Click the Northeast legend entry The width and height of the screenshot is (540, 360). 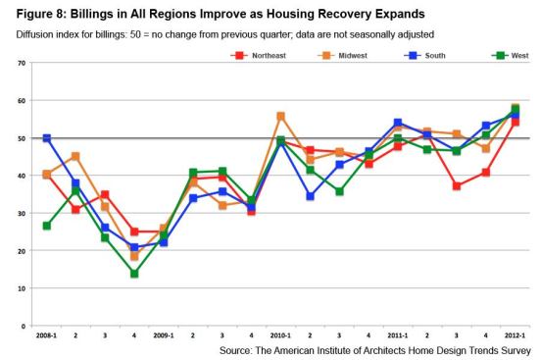259,56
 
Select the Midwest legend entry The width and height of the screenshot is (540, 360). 343,56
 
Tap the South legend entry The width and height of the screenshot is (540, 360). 425,56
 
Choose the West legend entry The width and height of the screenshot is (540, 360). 511,56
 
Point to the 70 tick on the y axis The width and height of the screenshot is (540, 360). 22,63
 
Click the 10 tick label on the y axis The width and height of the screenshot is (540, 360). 22,288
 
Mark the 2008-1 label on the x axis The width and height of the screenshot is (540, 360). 46,335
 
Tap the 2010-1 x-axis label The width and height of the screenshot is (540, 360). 280,335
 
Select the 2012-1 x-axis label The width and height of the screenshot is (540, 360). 515,335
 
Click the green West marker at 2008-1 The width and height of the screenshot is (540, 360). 46,226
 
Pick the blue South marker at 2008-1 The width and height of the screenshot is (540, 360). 46,138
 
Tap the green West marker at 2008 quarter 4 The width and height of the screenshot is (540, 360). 134,274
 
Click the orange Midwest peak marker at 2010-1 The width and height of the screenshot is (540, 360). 280,116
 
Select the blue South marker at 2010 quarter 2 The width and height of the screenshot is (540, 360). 310,196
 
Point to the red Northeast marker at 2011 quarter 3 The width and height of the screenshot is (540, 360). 457,186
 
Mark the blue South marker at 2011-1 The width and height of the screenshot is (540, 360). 398,123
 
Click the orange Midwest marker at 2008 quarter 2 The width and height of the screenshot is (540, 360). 75,157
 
